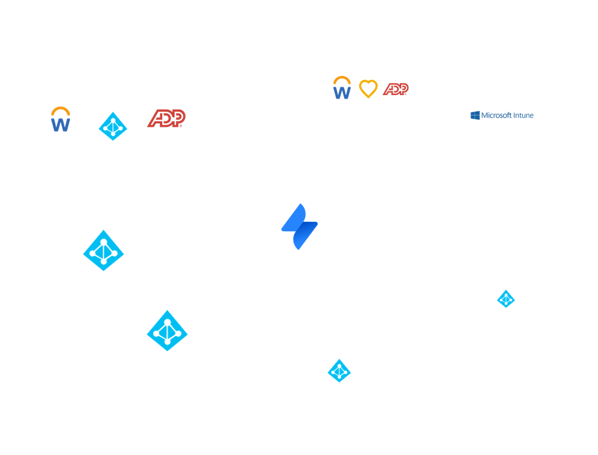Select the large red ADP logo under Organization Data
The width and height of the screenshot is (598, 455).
click(x=166, y=118)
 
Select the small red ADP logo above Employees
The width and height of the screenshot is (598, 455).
click(x=396, y=89)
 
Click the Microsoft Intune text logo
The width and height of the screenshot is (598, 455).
click(x=502, y=115)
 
